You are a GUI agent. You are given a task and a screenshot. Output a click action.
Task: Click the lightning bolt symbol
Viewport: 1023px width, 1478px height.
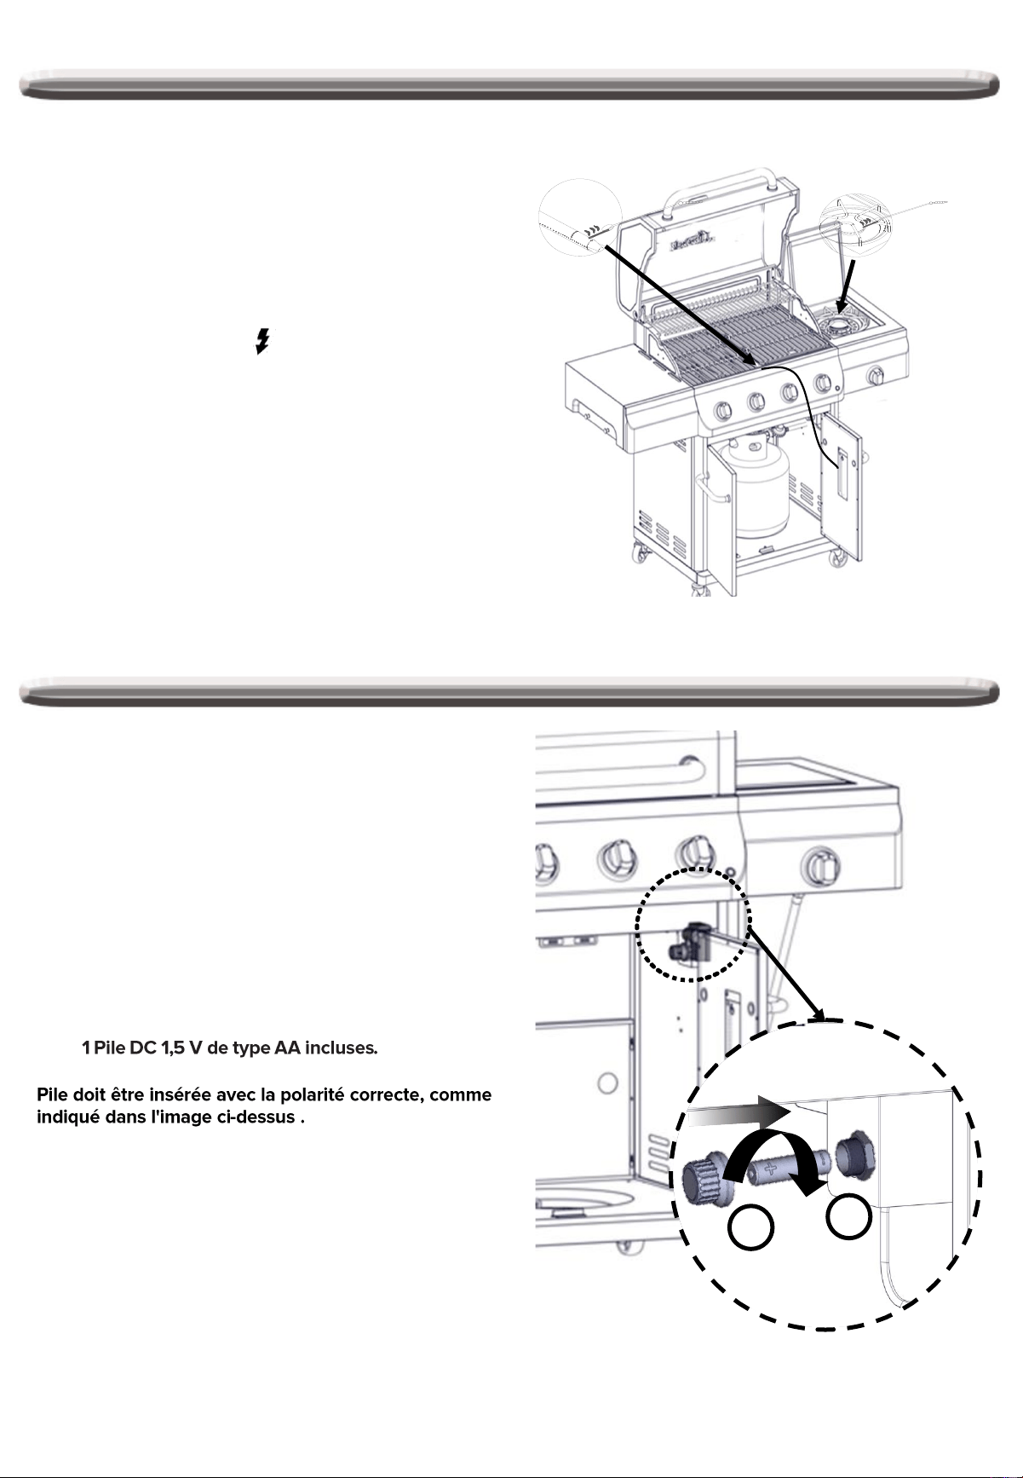(x=263, y=343)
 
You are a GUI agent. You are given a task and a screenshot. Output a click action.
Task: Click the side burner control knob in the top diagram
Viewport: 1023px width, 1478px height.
(x=875, y=376)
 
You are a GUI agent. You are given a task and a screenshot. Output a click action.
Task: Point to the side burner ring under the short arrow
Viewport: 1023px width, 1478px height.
(x=841, y=324)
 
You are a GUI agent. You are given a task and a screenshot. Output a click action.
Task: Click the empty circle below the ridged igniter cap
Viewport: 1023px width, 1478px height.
(x=751, y=1230)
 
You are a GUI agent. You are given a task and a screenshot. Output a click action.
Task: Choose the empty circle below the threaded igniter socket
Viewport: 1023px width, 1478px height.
(x=848, y=1216)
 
